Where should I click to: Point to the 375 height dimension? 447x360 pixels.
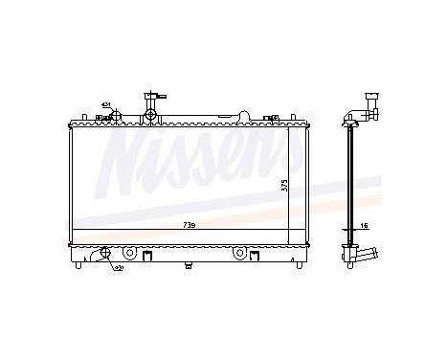(x=283, y=187)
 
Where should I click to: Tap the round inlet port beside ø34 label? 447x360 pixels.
(x=115, y=117)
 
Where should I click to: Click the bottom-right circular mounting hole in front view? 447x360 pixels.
(x=240, y=256)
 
